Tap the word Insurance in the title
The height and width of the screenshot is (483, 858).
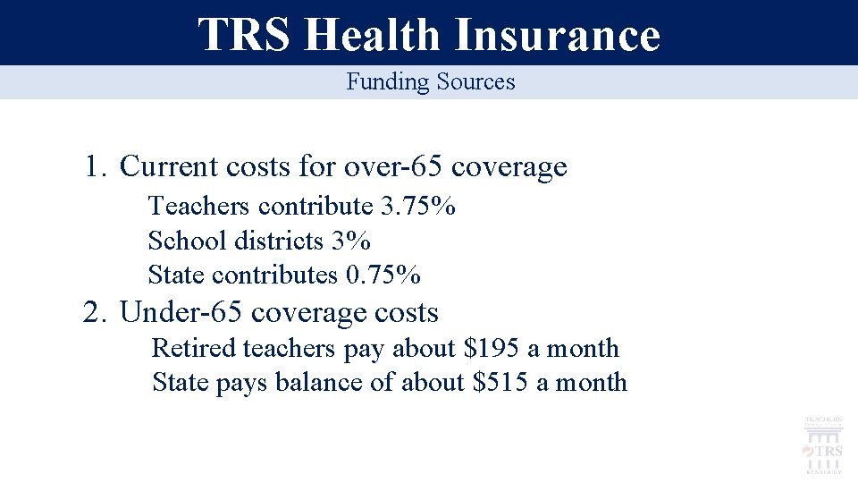pyautogui.click(x=557, y=35)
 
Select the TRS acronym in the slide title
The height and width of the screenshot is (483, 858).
pyautogui.click(x=244, y=35)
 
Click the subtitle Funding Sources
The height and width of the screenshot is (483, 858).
pyautogui.click(x=431, y=82)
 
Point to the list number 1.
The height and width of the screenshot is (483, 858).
pyautogui.click(x=96, y=166)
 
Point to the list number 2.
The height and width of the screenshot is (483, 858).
pyautogui.click(x=96, y=313)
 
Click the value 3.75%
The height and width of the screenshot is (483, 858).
pyautogui.click(x=418, y=207)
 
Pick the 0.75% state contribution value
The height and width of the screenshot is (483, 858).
pyautogui.click(x=383, y=275)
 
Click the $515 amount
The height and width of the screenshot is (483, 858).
pyautogui.click(x=501, y=383)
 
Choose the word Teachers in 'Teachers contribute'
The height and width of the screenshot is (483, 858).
pyautogui.click(x=198, y=207)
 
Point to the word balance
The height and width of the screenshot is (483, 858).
pyautogui.click(x=313, y=383)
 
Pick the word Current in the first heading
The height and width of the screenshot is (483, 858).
pyautogui.click(x=169, y=166)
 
